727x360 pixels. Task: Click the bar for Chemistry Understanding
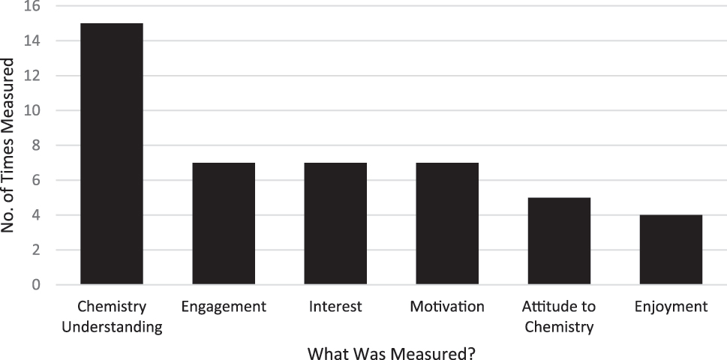point(111,154)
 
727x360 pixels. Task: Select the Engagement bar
point(224,223)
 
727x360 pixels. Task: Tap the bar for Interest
point(335,223)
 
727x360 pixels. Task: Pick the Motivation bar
point(447,223)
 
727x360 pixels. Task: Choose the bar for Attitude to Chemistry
point(559,241)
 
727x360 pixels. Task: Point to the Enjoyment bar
point(671,250)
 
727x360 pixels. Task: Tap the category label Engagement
point(224,307)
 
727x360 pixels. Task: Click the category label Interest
point(335,307)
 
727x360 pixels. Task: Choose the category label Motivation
point(447,307)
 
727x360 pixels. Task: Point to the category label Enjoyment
point(671,307)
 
